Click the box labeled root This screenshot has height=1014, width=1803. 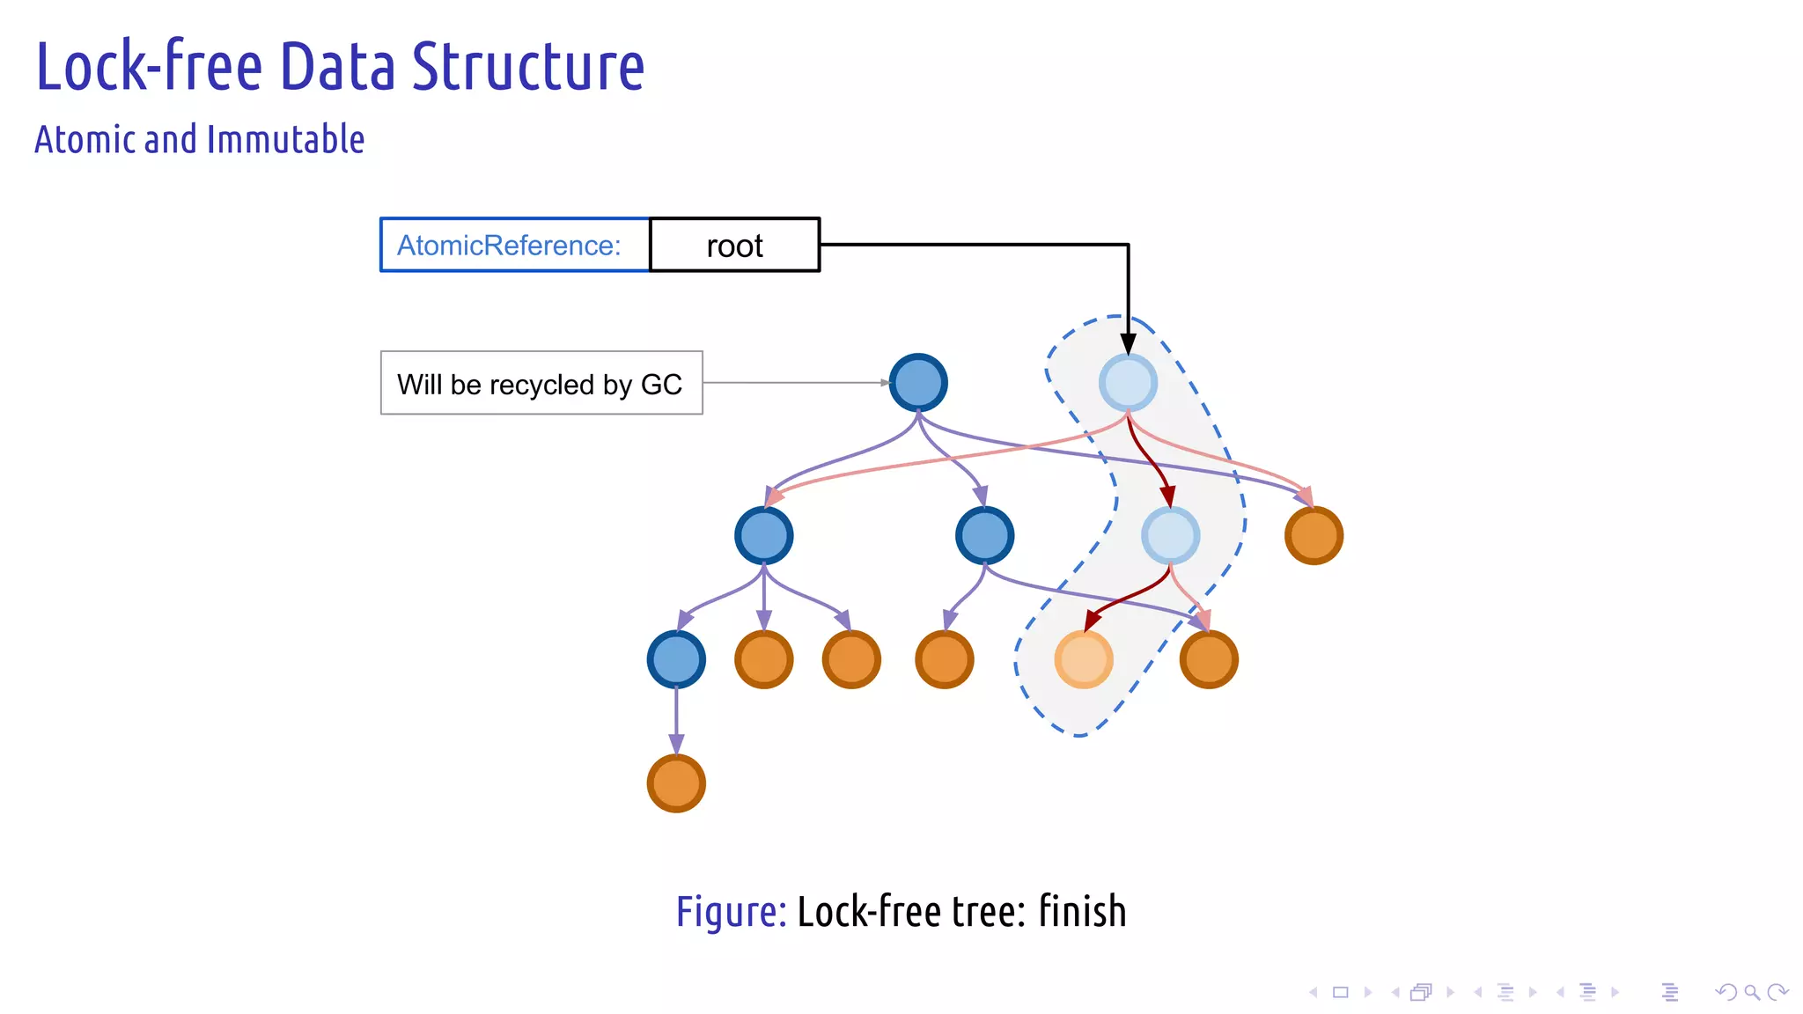tap(734, 245)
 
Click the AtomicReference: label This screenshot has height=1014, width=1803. tap(509, 245)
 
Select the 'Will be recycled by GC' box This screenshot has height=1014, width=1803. tap(541, 383)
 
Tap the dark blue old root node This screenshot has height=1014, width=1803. tap(917, 382)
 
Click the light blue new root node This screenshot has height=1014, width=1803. tap(1128, 382)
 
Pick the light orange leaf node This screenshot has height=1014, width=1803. tap(1084, 658)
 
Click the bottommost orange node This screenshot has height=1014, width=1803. tap(676, 783)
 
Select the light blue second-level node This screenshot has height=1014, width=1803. tap(1170, 535)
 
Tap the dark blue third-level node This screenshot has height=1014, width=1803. tap(676, 658)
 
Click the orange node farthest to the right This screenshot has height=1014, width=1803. tap(1314, 535)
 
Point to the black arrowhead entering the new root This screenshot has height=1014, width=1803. tap(1128, 344)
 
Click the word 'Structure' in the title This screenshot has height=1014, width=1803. tap(528, 67)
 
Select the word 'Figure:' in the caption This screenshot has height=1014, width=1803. tap(731, 911)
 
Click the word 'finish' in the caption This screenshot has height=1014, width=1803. tap(1082, 911)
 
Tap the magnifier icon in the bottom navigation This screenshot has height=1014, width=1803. tap(1752, 992)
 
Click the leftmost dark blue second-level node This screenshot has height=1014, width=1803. tap(763, 535)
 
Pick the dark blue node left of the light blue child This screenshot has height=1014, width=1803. tap(984, 535)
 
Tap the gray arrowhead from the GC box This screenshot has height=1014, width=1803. tap(885, 383)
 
